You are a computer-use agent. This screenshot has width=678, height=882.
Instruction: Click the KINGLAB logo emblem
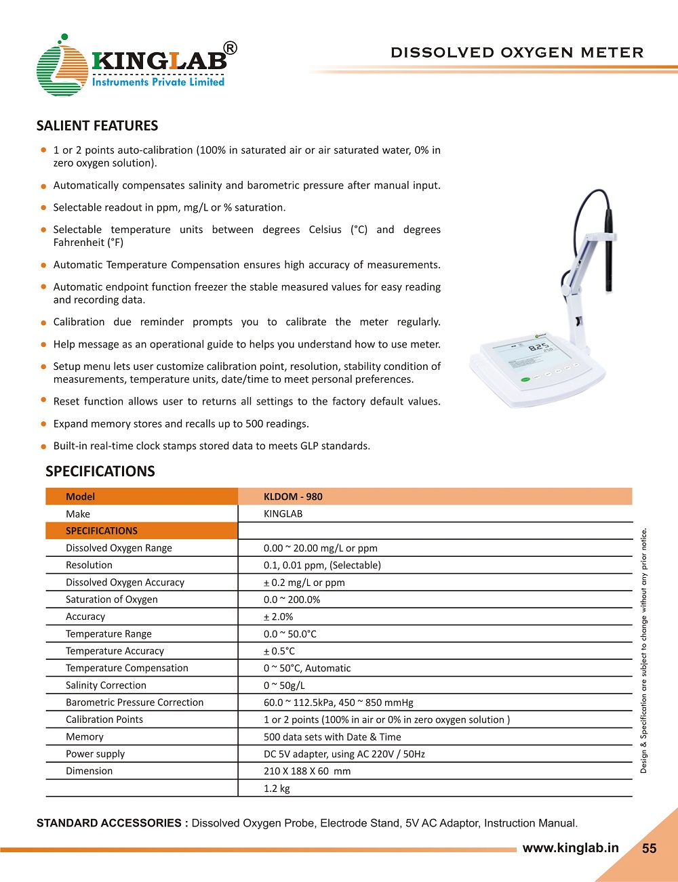pos(61,68)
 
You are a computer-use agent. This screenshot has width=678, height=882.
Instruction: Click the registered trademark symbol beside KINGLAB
pos(231,48)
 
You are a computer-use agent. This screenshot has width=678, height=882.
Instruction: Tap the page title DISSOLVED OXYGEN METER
pos(517,52)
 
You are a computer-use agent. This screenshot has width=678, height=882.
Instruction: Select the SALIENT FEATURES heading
pos(97,125)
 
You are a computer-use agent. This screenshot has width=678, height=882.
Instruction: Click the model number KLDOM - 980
pos(293,497)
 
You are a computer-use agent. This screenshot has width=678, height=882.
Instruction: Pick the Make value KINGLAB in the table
pos(283,513)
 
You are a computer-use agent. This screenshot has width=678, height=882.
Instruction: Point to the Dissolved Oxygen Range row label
pos(119,548)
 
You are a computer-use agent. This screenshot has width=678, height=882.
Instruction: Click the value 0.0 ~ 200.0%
pos(292,600)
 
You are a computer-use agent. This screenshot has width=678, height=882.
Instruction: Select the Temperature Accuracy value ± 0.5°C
pos(279,651)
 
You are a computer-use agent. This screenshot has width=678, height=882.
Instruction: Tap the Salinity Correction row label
pos(106,686)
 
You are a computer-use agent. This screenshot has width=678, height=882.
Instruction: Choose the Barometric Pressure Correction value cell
pos(338,702)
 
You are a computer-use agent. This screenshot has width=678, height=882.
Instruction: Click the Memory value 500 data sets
pos(332,737)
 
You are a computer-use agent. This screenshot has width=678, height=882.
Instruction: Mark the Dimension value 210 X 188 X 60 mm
pos(307,771)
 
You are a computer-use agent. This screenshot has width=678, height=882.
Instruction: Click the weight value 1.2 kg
pos(277,789)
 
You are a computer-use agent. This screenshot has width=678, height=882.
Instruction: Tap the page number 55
pos(649,848)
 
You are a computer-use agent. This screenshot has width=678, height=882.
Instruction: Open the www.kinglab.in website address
pos(570,847)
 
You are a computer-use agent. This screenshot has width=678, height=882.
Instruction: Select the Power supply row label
pos(95,754)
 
